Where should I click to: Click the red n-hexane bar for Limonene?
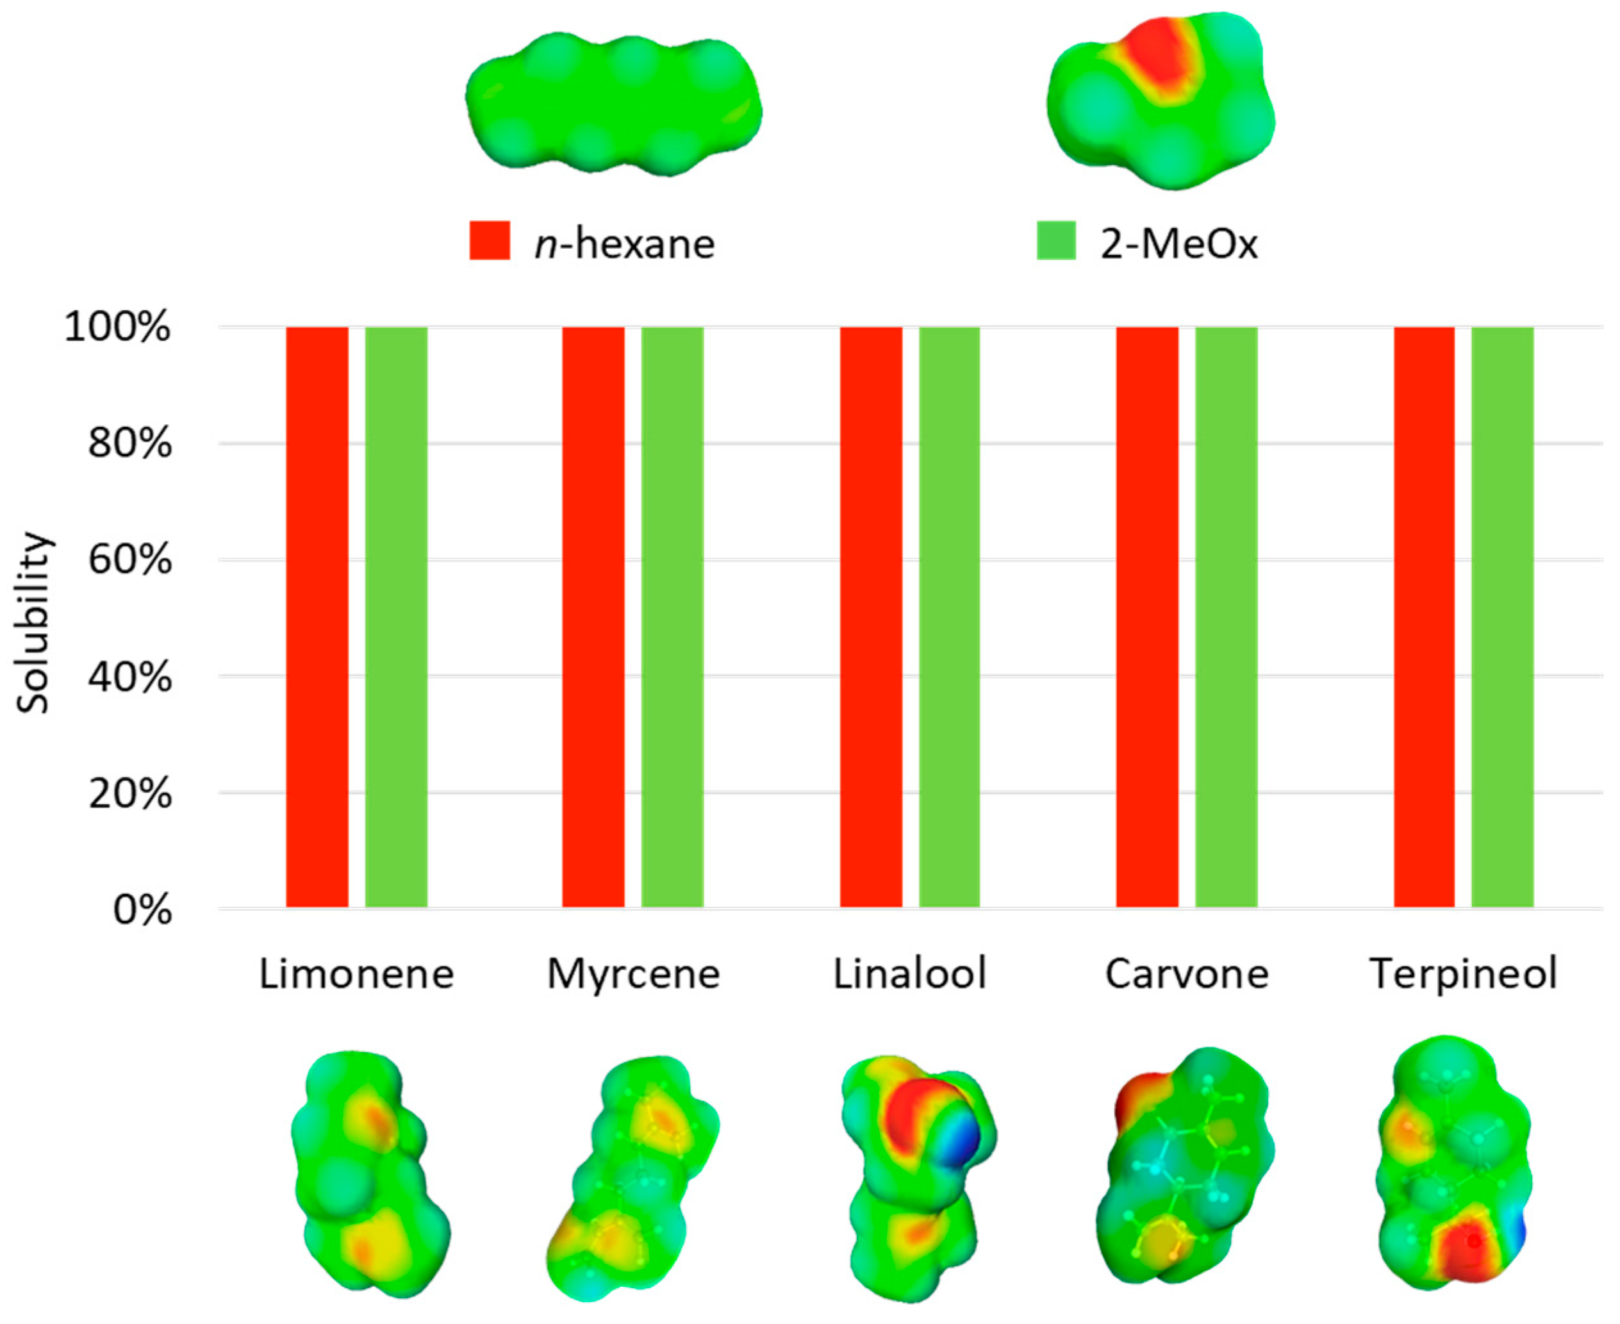pyautogui.click(x=317, y=617)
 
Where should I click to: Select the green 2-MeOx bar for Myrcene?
pyautogui.click(x=672, y=617)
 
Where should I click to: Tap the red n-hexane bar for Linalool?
pyautogui.click(x=871, y=617)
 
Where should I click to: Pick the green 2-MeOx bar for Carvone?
pyautogui.click(x=1226, y=617)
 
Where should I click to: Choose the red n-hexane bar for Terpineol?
pyautogui.click(x=1424, y=617)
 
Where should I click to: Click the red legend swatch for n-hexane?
pyautogui.click(x=490, y=241)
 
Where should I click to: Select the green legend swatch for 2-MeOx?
pyautogui.click(x=1056, y=241)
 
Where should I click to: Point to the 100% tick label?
pyautogui.click(x=117, y=328)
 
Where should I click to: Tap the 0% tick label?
pyautogui.click(x=143, y=910)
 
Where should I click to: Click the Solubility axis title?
pyautogui.click(x=33, y=622)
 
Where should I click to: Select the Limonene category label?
pyautogui.click(x=356, y=974)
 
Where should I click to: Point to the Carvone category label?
pyautogui.click(x=1187, y=974)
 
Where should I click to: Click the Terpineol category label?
pyautogui.click(x=1464, y=974)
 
